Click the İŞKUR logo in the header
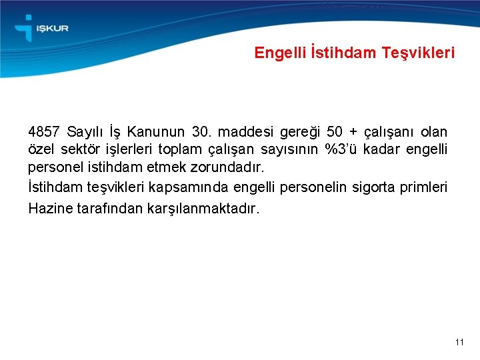tap(41, 29)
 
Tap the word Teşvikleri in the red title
tap(418, 53)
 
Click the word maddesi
tap(245, 131)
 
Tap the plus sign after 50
tap(353, 132)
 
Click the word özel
tap(42, 149)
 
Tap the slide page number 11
tap(459, 342)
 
